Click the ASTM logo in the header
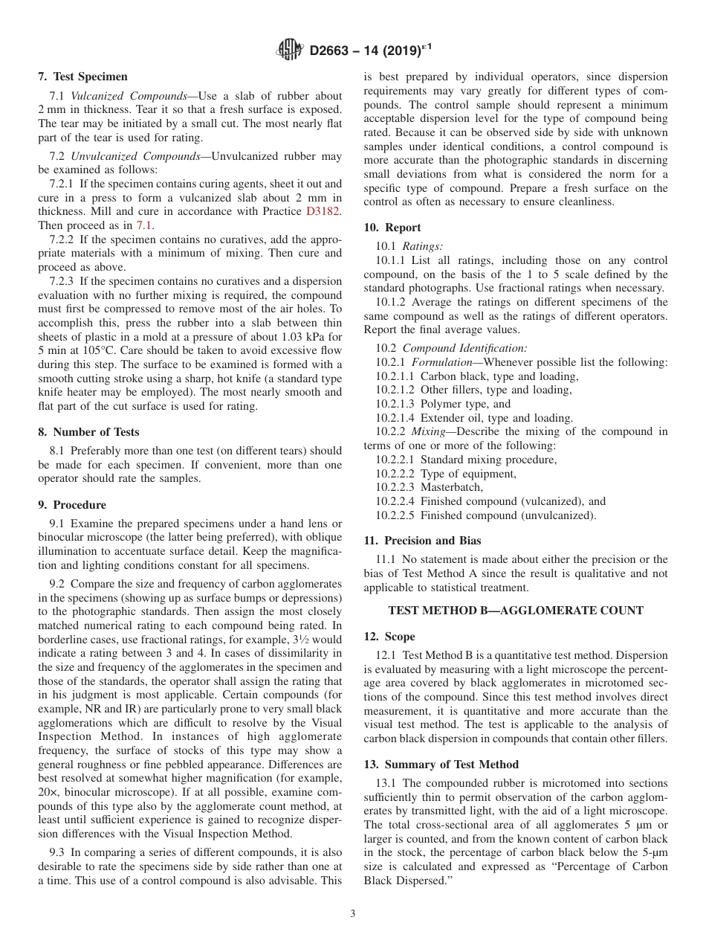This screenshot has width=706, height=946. tap(289, 50)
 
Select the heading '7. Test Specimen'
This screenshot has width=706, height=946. tap(82, 77)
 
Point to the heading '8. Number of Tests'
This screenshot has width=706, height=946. tap(88, 431)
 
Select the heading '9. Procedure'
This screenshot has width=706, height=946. tap(72, 504)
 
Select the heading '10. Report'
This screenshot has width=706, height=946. tap(392, 228)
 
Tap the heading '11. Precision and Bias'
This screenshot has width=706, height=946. tap(422, 541)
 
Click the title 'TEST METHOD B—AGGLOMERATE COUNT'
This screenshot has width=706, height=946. tap(516, 611)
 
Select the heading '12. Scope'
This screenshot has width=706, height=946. tap(389, 637)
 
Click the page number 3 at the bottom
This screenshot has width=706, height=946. tap(353, 913)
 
